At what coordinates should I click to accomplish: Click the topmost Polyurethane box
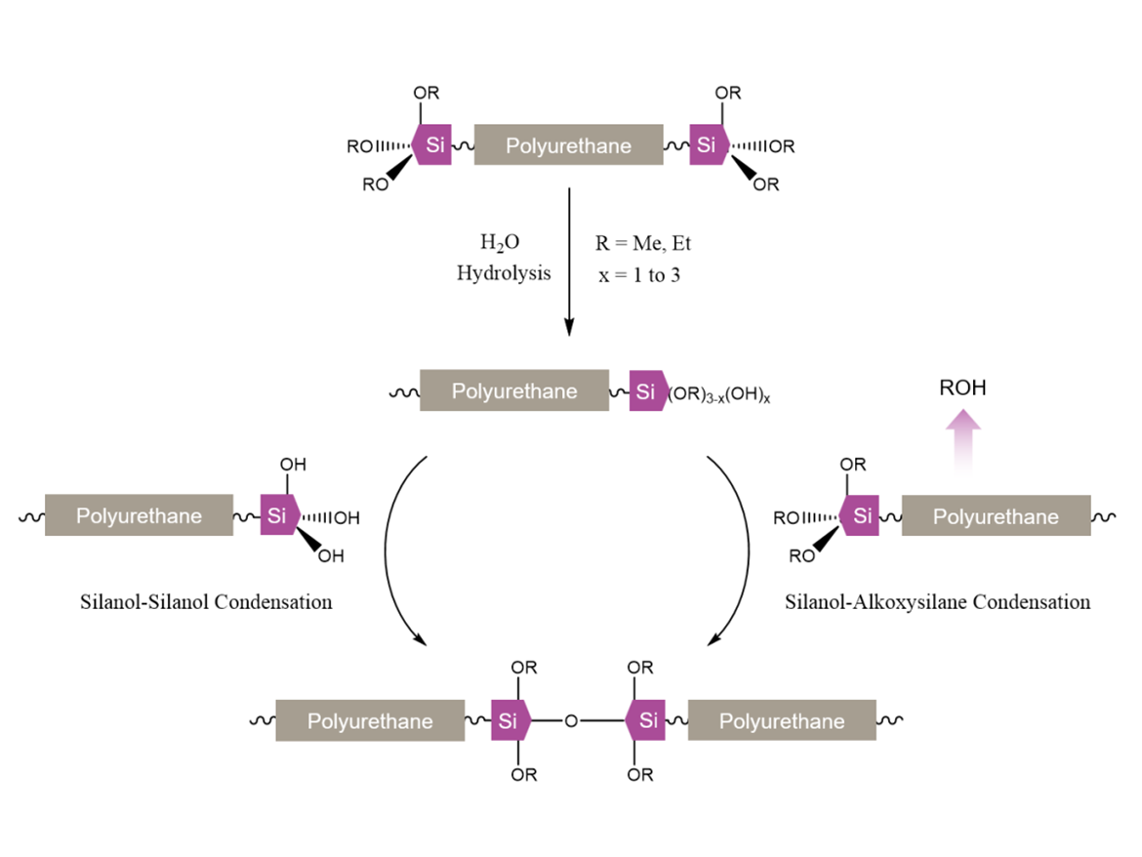[x=567, y=146]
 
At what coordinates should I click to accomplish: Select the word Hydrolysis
[x=503, y=273]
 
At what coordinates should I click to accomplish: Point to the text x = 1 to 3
[x=639, y=275]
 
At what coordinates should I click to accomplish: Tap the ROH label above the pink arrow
[x=962, y=388]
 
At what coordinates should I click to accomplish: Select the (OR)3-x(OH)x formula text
[x=718, y=394]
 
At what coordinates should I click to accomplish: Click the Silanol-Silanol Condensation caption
[x=206, y=601]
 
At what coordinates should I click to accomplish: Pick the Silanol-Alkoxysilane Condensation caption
[x=937, y=601]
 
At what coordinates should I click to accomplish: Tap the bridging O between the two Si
[x=572, y=722]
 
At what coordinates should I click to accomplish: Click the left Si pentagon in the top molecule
[x=432, y=146]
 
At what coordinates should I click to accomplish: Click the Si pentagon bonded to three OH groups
[x=278, y=516]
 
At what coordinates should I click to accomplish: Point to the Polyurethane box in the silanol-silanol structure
[x=139, y=515]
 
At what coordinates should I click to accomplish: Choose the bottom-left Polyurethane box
[x=369, y=721]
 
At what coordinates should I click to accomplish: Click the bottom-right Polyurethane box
[x=781, y=721]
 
